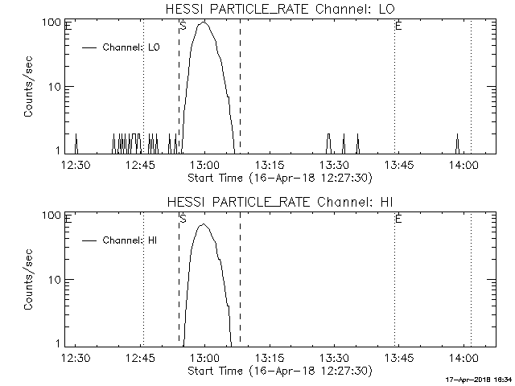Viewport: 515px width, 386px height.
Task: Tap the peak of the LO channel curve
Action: pos(204,23)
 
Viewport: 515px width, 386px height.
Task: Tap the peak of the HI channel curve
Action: pos(204,224)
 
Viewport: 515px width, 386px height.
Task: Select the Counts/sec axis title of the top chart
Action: pos(29,87)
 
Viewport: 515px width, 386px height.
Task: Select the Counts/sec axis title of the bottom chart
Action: pos(29,280)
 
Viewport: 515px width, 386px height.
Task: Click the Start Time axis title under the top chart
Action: pos(278,177)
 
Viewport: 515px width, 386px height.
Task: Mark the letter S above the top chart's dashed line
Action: pos(183,26)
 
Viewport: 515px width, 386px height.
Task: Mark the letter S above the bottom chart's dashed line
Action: pos(183,219)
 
